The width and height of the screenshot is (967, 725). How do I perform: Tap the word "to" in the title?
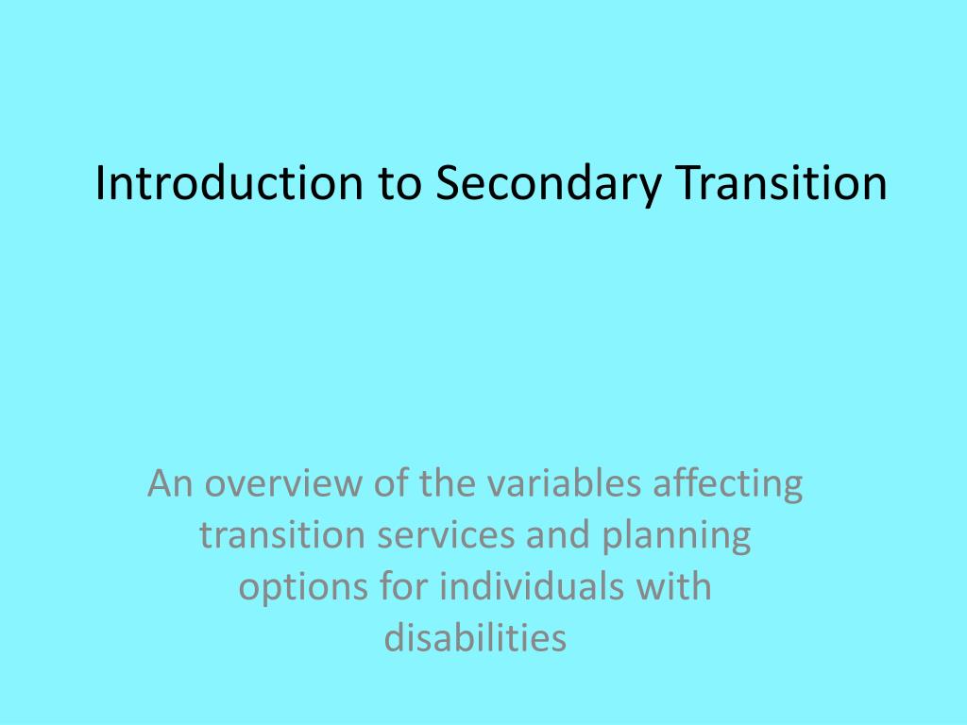click(x=401, y=184)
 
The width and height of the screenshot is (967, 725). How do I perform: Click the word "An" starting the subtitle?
click(x=170, y=485)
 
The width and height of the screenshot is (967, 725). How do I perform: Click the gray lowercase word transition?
click(x=281, y=536)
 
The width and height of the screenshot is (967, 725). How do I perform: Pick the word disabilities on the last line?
click(x=475, y=638)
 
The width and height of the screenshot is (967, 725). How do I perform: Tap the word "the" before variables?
click(x=433, y=485)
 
